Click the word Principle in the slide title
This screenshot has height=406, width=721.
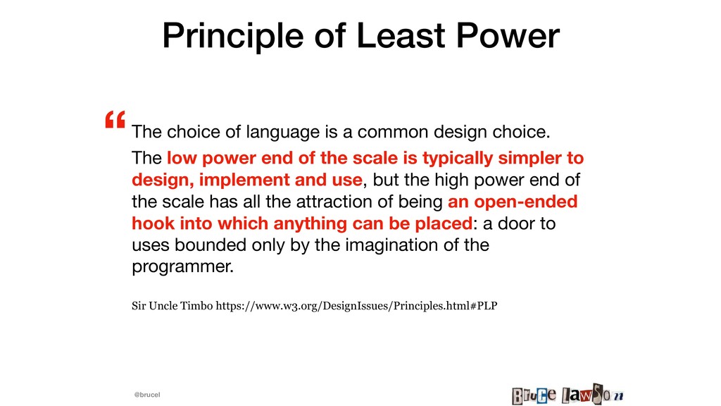tap(233, 37)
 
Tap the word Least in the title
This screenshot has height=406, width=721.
tap(401, 35)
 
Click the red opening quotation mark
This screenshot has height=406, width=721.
tap(115, 119)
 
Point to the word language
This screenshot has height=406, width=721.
tap(283, 133)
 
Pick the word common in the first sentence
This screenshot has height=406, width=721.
tap(393, 132)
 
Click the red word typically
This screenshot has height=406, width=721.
tap(458, 159)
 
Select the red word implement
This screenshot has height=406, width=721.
tap(244, 180)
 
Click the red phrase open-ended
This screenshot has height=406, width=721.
tap(525, 202)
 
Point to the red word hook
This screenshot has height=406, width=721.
tap(153, 223)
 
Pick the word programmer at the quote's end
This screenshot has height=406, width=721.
tap(182, 267)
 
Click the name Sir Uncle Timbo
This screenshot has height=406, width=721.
tap(173, 306)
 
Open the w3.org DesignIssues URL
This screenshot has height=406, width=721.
tap(356, 306)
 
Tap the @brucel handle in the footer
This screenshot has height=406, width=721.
tap(147, 395)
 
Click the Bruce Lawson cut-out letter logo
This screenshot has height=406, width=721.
tap(568, 395)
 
